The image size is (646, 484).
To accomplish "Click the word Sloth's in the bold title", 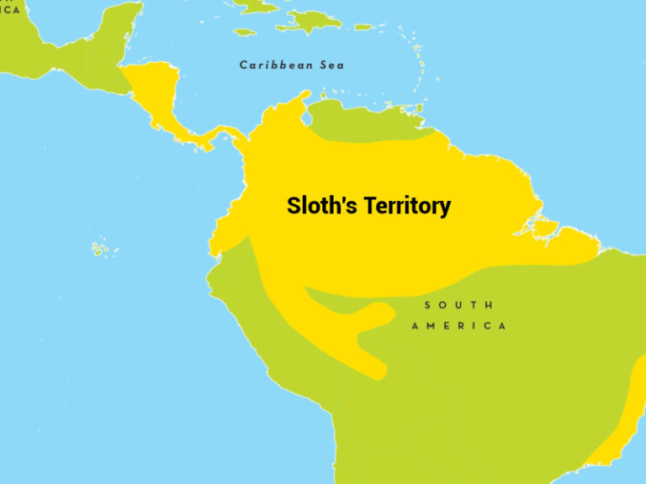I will [x=318, y=206].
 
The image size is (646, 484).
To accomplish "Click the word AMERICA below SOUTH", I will [x=459, y=326].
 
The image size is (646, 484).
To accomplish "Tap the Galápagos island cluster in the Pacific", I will [x=105, y=249].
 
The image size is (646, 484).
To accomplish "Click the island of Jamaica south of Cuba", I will [x=244, y=32].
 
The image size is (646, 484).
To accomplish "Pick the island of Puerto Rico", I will [x=363, y=27].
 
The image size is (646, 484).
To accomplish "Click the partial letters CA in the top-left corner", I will [x=10, y=10].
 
